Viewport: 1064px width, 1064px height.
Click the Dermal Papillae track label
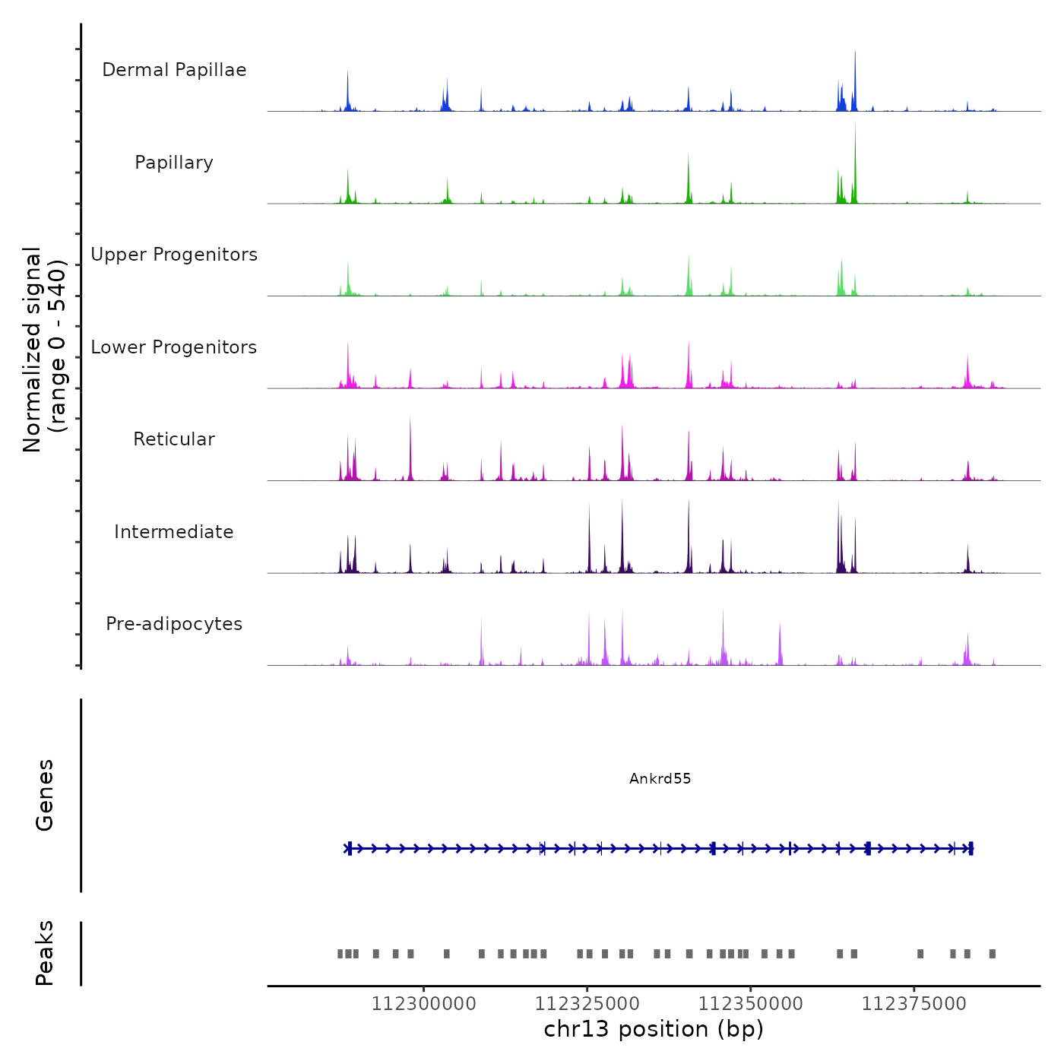(174, 70)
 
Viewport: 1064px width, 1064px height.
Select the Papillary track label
(174, 163)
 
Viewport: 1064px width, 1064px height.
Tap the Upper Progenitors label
(174, 255)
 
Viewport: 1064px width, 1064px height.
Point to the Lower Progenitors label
(174, 347)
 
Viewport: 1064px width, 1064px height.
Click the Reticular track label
(174, 439)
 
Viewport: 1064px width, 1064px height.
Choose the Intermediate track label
(174, 532)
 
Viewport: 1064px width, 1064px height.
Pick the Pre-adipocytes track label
(174, 624)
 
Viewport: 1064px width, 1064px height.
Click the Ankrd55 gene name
(660, 778)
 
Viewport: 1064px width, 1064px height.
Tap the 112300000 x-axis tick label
(423, 1004)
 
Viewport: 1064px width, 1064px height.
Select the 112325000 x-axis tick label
(587, 1004)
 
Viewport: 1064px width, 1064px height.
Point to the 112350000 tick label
(750, 1004)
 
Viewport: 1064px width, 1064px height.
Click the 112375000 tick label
(914, 1004)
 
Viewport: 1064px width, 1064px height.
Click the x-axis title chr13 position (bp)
(654, 1029)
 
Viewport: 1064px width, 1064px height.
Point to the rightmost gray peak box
(992, 954)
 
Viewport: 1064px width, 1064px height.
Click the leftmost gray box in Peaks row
(340, 954)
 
